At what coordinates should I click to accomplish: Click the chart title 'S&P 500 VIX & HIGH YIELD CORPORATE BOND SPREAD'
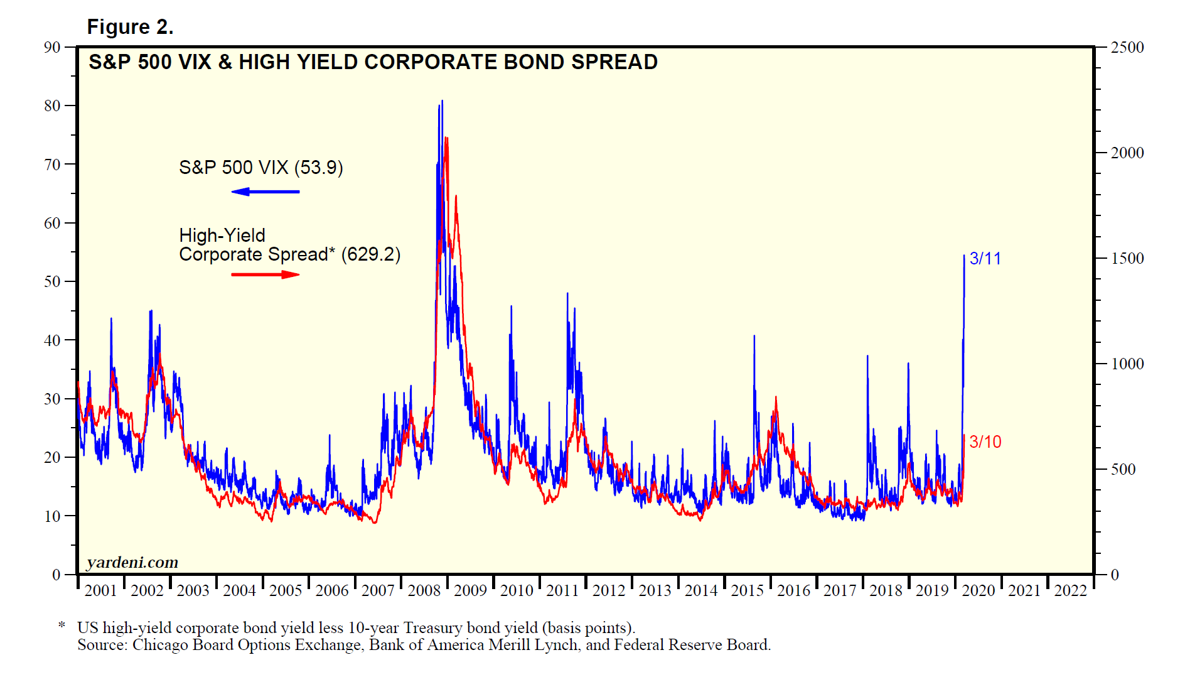pyautogui.click(x=373, y=62)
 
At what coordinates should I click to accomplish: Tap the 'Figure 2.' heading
pyautogui.click(x=130, y=27)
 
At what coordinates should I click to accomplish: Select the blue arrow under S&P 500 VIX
pyautogui.click(x=265, y=192)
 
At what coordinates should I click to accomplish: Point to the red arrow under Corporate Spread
pyautogui.click(x=265, y=274)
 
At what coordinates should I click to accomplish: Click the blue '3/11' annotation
pyautogui.click(x=985, y=259)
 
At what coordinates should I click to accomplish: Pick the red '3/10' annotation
pyautogui.click(x=985, y=442)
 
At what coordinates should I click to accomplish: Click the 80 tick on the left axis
pyautogui.click(x=53, y=106)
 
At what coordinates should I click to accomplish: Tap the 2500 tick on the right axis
pyautogui.click(x=1127, y=48)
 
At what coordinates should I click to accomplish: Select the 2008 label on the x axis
pyautogui.click(x=424, y=591)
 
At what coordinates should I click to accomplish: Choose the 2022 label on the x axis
pyautogui.click(x=1071, y=591)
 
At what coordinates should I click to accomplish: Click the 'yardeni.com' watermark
pyautogui.click(x=132, y=562)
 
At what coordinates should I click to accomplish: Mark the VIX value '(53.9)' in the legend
pyautogui.click(x=318, y=168)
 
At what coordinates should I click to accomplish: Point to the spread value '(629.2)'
pyautogui.click(x=370, y=254)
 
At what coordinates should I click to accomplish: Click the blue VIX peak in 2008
pyautogui.click(x=442, y=101)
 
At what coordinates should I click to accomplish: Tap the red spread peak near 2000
pyautogui.click(x=446, y=138)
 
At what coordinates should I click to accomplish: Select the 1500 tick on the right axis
pyautogui.click(x=1127, y=259)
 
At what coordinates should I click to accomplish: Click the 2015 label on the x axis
pyautogui.click(x=747, y=591)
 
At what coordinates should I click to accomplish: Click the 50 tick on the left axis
pyautogui.click(x=53, y=282)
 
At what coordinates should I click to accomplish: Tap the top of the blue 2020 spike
pyautogui.click(x=964, y=256)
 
